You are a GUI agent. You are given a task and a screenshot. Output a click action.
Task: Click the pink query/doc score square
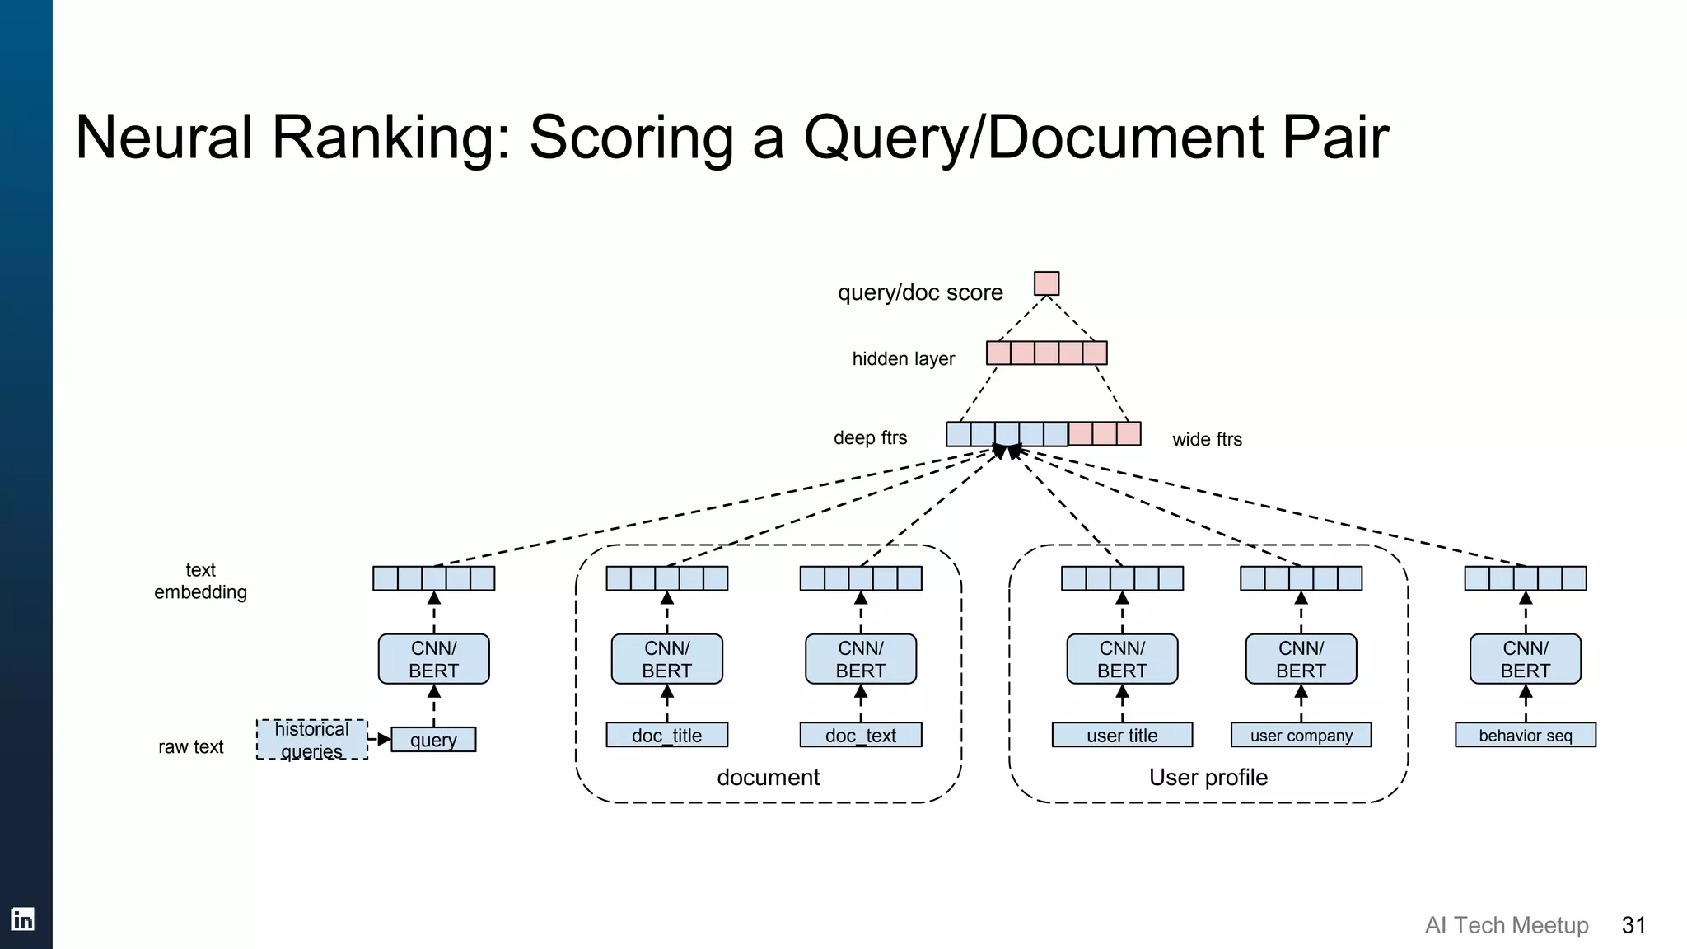coord(1046,283)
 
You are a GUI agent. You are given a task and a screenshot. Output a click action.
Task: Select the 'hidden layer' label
coord(903,359)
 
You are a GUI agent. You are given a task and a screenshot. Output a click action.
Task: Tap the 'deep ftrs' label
coord(870,438)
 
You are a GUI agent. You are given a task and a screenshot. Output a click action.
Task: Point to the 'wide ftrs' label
coord(1207,440)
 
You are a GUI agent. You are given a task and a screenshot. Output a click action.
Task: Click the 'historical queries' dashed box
coord(311,739)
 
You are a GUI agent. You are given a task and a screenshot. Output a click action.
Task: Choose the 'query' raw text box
coord(433,740)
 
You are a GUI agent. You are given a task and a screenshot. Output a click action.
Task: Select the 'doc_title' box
coord(666,735)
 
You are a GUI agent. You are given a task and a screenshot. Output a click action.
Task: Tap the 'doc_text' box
coord(860,735)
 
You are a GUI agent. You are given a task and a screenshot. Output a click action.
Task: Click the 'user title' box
coord(1122,735)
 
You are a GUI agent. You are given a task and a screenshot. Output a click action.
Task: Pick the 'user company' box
coord(1301,735)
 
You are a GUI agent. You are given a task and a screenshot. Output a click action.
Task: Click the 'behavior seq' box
coord(1525,735)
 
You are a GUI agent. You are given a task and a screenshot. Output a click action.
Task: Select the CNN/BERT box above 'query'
coord(433,659)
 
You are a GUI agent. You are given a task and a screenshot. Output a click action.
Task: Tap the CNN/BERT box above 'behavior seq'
coord(1525,659)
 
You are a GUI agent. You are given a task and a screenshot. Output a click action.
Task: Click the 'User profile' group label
coord(1208,777)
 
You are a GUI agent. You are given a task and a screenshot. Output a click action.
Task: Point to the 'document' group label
coord(768,777)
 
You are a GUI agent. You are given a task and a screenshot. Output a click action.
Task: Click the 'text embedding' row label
coord(200,581)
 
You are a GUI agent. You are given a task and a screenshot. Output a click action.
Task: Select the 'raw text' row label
coord(190,747)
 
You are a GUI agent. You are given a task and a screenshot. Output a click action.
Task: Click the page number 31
coord(1633,925)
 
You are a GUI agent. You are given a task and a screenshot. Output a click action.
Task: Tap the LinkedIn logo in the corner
coord(22,919)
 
